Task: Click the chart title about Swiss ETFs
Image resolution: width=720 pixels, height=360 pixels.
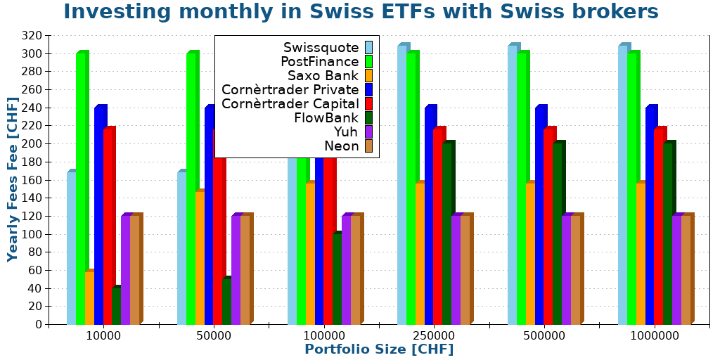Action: (x=361, y=12)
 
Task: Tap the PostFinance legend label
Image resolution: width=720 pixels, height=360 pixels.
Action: (x=319, y=62)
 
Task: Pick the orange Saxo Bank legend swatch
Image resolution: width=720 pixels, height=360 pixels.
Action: (x=368, y=75)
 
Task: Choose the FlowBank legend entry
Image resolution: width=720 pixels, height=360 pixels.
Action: (x=326, y=118)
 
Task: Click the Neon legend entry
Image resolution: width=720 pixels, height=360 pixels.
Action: (x=341, y=146)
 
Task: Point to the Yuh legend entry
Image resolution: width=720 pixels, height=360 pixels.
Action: (x=346, y=132)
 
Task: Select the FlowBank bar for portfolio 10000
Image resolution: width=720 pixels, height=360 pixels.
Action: (x=116, y=307)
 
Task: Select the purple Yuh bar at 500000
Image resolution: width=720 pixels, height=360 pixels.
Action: (x=566, y=270)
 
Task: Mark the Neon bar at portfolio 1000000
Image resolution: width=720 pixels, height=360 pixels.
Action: (x=686, y=270)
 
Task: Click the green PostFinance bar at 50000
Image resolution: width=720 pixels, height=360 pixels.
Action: (x=191, y=190)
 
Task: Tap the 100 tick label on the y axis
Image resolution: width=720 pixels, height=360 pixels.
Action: (x=33, y=234)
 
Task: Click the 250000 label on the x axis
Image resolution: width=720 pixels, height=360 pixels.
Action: (x=434, y=336)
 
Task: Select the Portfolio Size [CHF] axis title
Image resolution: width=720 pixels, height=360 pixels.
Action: (x=379, y=349)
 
